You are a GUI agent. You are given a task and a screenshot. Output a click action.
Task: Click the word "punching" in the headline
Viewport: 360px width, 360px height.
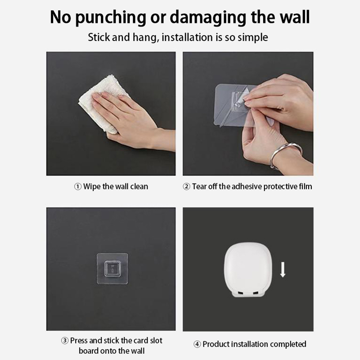(110, 18)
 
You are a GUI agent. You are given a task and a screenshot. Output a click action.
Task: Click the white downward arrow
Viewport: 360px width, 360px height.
(283, 269)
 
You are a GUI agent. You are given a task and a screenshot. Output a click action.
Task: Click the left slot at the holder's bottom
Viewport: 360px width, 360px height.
(240, 293)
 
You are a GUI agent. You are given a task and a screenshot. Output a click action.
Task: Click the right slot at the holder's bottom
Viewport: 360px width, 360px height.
(255, 293)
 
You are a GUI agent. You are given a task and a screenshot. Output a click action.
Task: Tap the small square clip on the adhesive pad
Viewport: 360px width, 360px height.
(112, 269)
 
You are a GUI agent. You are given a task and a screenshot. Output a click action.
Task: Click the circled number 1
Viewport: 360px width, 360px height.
(77, 187)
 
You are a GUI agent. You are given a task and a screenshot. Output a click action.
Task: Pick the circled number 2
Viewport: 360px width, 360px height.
(186, 187)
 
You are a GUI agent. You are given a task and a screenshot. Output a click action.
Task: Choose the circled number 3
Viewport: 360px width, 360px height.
(65, 341)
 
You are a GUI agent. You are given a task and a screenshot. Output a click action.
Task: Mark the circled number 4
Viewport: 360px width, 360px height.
(197, 344)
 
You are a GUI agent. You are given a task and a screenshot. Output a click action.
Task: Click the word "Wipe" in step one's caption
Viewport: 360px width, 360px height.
(92, 187)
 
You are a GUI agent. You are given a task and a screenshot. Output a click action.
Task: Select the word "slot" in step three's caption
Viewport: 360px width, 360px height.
(156, 341)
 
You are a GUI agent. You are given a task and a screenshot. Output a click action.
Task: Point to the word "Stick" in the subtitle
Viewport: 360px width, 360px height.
(99, 37)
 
